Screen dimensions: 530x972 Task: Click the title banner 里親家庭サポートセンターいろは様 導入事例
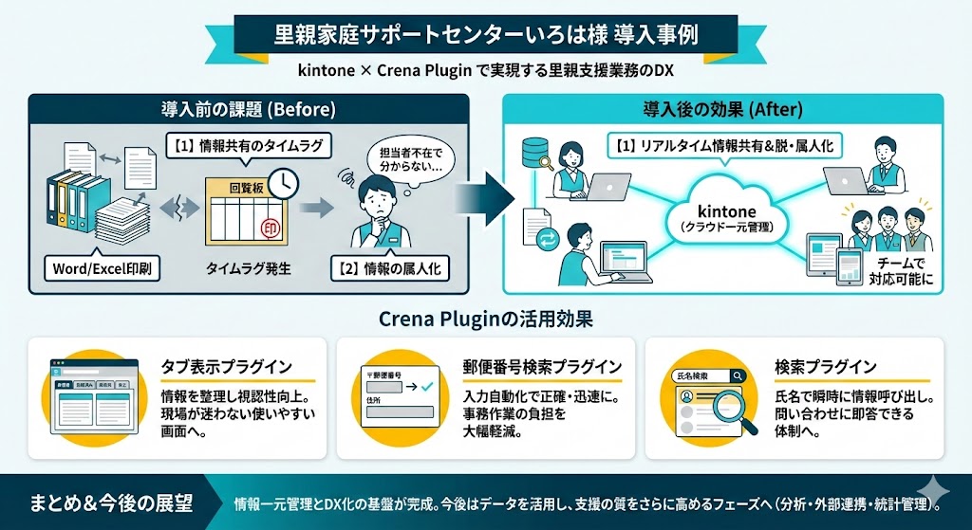(x=485, y=36)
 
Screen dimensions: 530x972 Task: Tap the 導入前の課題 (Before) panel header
(x=249, y=109)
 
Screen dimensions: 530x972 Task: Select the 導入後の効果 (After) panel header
(x=722, y=109)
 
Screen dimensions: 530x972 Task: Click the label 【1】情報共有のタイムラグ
(x=250, y=147)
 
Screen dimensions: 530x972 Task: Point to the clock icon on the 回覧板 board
(x=282, y=182)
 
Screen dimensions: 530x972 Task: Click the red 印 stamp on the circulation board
(x=271, y=227)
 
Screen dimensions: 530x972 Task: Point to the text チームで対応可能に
(x=900, y=271)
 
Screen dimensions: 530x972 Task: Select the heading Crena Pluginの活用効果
(x=485, y=317)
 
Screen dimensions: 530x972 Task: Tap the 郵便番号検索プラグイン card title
(x=543, y=366)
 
